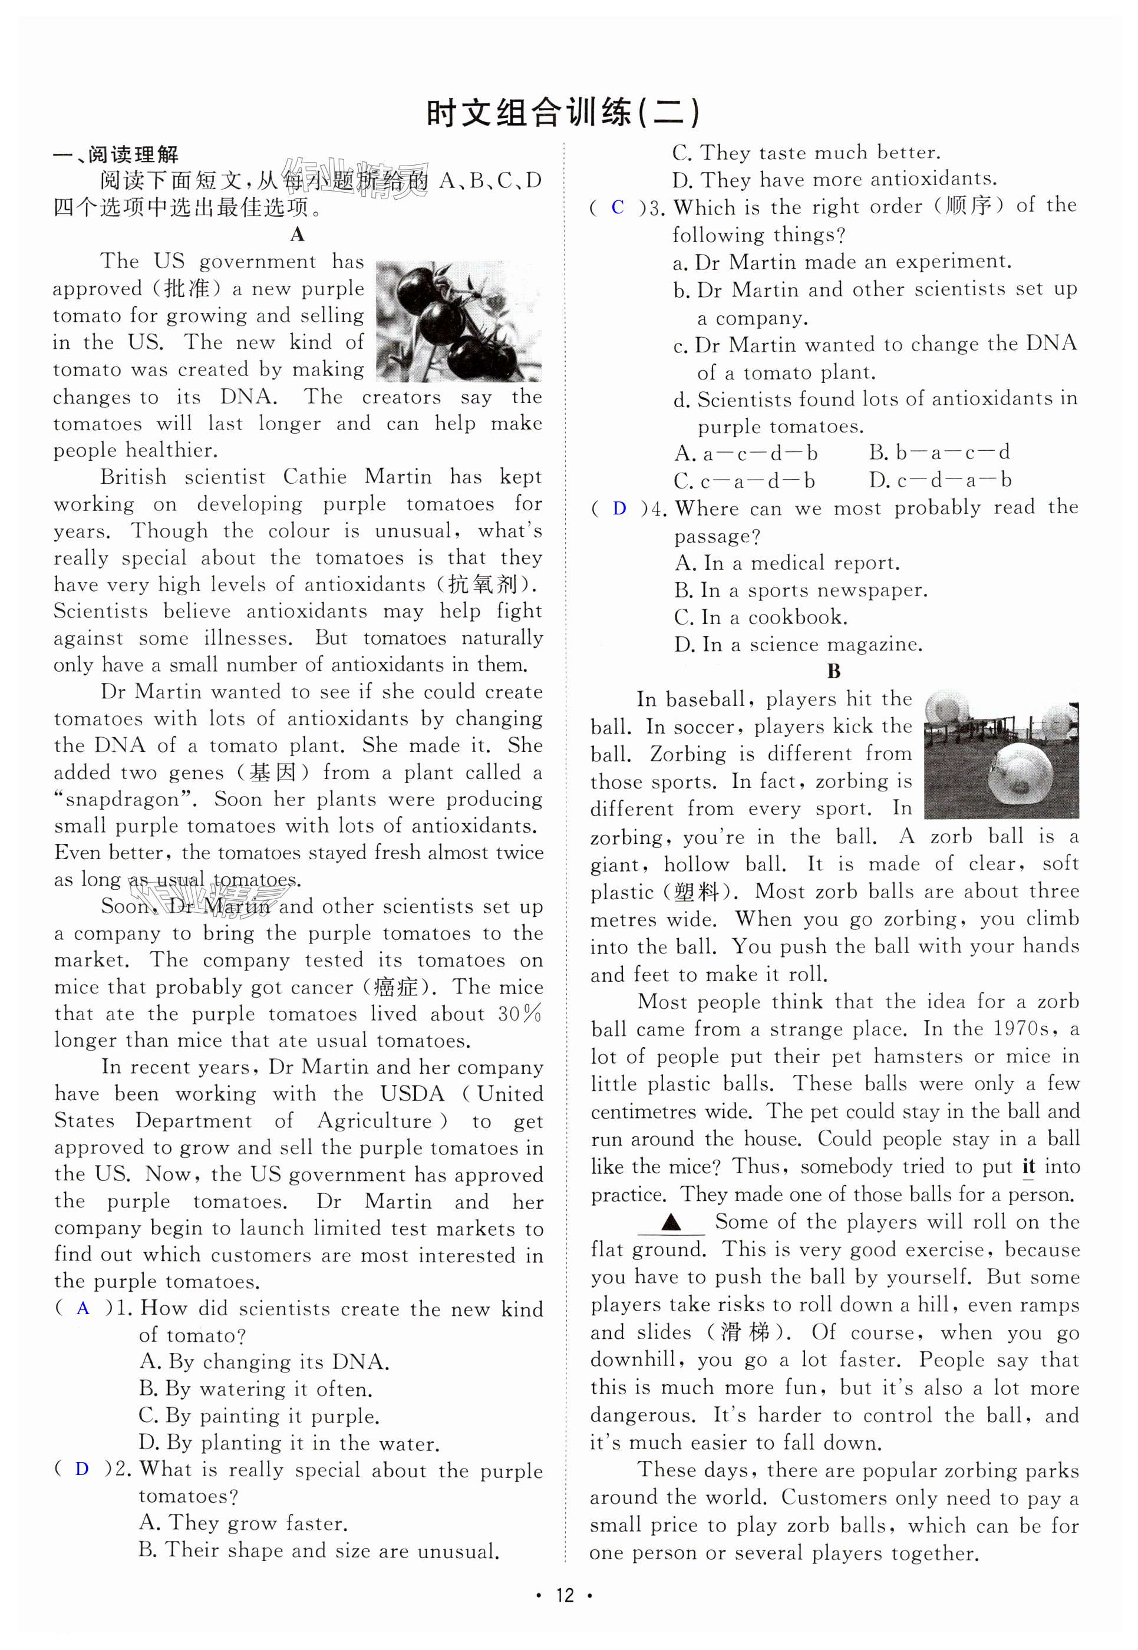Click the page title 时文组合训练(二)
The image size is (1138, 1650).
[563, 113]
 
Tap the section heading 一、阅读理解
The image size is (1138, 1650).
[116, 155]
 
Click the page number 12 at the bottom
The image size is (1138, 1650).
[564, 1595]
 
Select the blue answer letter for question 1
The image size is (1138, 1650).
[83, 1308]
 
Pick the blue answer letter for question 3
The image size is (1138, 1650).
[618, 207]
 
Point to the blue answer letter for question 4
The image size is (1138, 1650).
[619, 509]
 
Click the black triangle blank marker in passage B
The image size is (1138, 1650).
[670, 1223]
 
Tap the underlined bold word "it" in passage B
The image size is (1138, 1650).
[1028, 1167]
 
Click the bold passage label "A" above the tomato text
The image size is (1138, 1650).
[298, 235]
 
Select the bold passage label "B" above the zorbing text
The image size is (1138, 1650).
[833, 671]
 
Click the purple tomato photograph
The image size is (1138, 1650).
[458, 321]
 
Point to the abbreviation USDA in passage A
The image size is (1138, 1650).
[412, 1094]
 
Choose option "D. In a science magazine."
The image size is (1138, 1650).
[798, 645]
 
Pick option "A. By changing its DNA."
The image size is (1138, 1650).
[265, 1362]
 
